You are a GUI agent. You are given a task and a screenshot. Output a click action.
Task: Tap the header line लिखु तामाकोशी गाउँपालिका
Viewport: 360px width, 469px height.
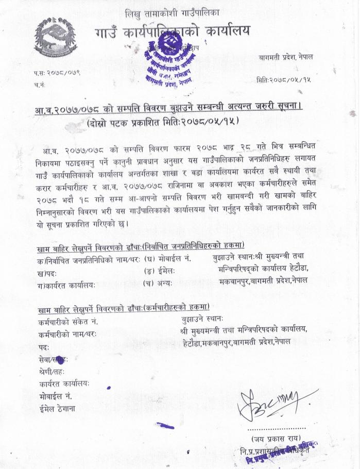click(x=180, y=12)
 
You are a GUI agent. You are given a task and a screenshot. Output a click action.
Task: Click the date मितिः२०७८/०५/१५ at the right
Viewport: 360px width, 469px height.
click(x=283, y=80)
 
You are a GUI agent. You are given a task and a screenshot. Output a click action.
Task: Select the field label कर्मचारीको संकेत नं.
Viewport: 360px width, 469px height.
click(x=68, y=322)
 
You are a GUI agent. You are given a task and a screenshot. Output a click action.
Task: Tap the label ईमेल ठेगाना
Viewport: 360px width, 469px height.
click(x=57, y=408)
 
